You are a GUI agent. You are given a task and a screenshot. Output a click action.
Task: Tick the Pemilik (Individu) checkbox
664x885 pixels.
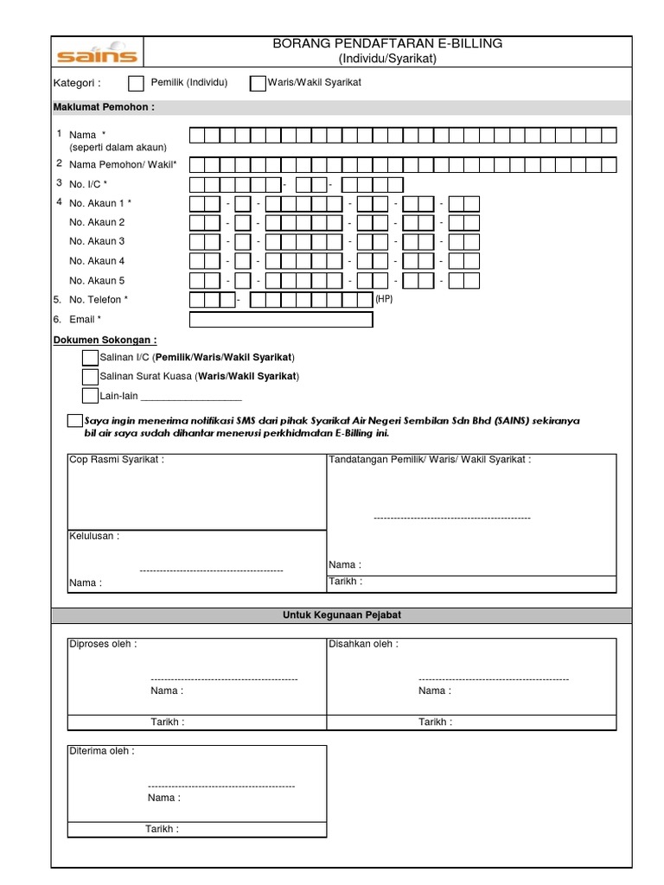[x=136, y=84]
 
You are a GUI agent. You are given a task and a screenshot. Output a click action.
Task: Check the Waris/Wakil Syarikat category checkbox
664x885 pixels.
[x=257, y=84]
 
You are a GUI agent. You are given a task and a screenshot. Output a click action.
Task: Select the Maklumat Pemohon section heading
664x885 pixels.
[x=104, y=107]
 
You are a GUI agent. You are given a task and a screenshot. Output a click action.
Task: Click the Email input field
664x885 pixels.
[x=280, y=320]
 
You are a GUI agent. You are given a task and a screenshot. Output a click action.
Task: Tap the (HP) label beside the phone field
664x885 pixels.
[x=384, y=298]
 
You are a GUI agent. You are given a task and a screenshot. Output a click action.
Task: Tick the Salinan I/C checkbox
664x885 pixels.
[x=90, y=358]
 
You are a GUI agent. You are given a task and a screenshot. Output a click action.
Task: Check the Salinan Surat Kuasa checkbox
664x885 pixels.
[x=90, y=377]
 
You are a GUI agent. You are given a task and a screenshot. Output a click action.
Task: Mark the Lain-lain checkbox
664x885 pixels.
[x=90, y=396]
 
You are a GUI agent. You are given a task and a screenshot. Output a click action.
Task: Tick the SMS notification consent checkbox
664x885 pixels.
[x=74, y=420]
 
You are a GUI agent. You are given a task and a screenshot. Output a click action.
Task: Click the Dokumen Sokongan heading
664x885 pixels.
[x=105, y=341]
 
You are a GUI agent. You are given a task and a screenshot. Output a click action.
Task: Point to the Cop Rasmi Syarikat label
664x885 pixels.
[x=116, y=460]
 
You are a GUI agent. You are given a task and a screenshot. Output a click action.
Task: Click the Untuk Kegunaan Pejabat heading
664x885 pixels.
[x=342, y=614]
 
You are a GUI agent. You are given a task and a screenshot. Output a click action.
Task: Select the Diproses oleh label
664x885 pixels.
[x=102, y=644]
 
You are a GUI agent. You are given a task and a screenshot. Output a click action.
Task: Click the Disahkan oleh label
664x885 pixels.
[x=363, y=644]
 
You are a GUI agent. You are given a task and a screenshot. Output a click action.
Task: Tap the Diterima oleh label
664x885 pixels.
[x=101, y=751]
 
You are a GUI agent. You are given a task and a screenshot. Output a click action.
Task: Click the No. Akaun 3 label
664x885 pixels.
[x=97, y=241]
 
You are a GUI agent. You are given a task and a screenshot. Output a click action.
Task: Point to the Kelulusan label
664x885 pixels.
[x=94, y=536]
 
